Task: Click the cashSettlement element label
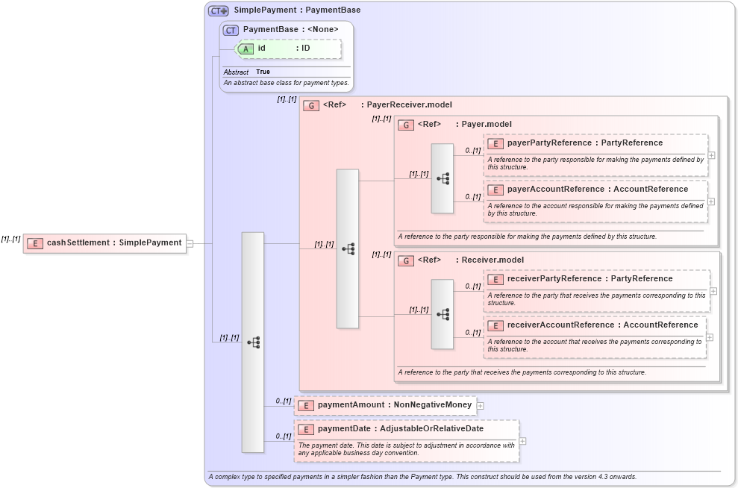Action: pos(113,243)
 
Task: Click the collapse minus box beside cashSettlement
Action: pos(190,243)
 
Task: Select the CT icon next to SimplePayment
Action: pos(219,10)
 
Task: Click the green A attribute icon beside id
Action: pos(246,49)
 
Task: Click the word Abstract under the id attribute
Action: pos(236,72)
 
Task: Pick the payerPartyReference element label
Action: pos(584,143)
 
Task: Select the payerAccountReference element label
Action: pos(597,189)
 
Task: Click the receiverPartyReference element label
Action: pos(590,278)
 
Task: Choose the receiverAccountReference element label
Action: pos(602,325)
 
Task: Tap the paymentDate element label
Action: pos(400,429)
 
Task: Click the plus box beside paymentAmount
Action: pos(481,406)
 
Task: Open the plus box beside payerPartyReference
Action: pos(712,155)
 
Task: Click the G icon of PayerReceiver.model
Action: pos(311,105)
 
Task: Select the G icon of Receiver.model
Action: pos(406,260)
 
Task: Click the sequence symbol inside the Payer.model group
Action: pos(443,178)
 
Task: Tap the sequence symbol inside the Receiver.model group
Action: pos(443,314)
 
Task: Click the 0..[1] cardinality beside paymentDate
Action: pos(283,437)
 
